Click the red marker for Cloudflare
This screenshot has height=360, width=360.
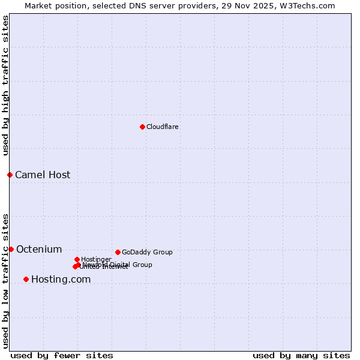[142, 127]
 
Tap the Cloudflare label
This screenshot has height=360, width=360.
[163, 127]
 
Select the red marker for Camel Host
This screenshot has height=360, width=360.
[10, 175]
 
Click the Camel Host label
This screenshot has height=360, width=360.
[43, 175]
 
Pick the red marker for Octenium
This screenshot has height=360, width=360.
[11, 249]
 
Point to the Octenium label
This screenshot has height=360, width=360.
[39, 250]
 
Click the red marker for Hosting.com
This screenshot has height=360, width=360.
[26, 279]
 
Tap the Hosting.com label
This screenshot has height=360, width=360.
[61, 280]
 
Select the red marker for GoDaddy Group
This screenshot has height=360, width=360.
[118, 252]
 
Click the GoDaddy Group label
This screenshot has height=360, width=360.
[147, 253]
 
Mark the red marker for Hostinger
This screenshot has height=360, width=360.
[77, 259]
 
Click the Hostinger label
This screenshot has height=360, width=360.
[96, 260]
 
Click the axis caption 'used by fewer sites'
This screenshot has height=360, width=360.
[62, 355]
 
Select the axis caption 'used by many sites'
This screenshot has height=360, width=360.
[301, 355]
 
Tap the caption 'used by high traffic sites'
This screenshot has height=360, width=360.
[6, 85]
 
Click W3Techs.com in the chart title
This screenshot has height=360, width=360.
[308, 5]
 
